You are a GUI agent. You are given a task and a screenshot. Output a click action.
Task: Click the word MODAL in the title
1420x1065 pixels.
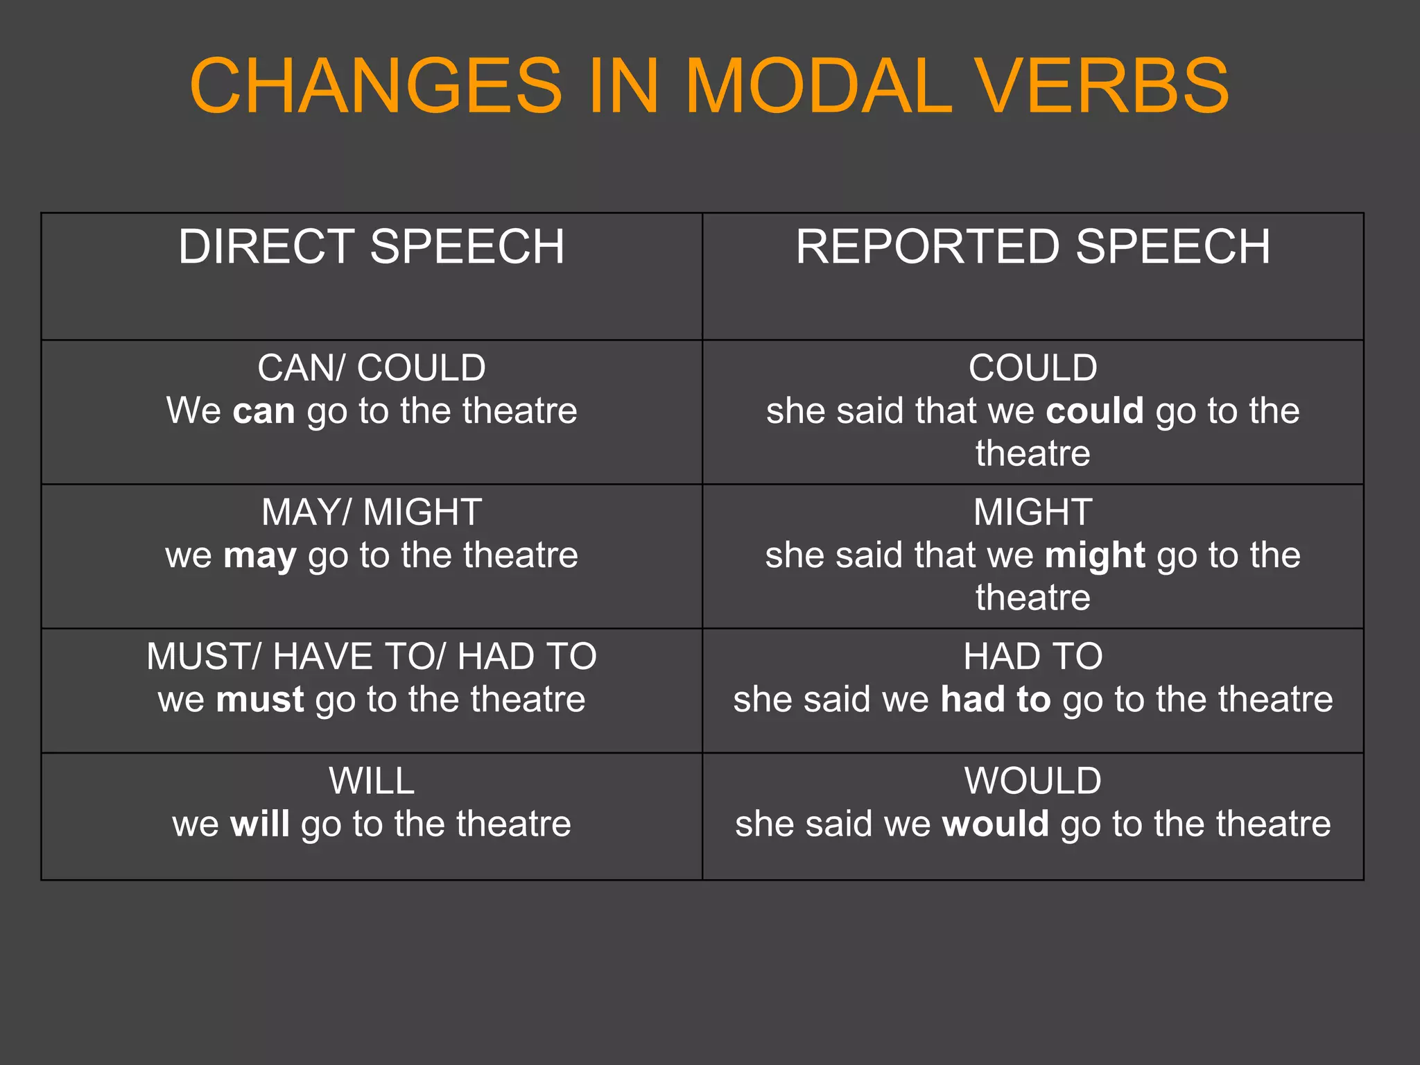pos(818,86)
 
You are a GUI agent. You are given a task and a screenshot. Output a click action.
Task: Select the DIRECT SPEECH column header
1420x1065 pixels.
pos(372,247)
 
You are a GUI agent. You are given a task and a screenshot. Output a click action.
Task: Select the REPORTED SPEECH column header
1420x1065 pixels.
pos(1033,247)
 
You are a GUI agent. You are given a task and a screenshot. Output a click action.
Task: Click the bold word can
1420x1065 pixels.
pos(263,411)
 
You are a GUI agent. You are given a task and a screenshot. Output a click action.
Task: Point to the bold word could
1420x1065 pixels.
pos(1095,411)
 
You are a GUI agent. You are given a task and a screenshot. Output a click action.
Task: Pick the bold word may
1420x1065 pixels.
pos(259,555)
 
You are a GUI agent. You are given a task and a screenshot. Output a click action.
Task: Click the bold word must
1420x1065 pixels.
pos(259,700)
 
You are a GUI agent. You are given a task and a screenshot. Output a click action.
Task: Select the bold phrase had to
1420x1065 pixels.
pos(996,700)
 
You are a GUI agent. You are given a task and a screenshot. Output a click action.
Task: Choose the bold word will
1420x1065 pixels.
pos(260,824)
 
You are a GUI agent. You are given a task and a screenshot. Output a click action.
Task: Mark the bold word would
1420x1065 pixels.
pos(996,824)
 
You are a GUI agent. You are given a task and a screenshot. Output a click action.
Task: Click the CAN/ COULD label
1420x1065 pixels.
pos(372,368)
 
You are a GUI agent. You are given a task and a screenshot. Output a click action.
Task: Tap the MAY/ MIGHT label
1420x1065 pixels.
pos(372,512)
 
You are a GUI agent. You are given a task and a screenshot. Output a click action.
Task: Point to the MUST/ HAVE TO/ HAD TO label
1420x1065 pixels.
pos(372,657)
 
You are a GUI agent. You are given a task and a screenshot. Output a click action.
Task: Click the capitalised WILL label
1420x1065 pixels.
pos(372,781)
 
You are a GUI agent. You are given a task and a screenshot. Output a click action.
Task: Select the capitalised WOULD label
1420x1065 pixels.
pos(1033,781)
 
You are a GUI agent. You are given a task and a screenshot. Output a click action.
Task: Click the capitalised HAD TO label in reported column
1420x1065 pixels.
pos(1033,657)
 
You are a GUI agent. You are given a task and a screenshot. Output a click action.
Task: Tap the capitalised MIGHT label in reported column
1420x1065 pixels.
pos(1033,512)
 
